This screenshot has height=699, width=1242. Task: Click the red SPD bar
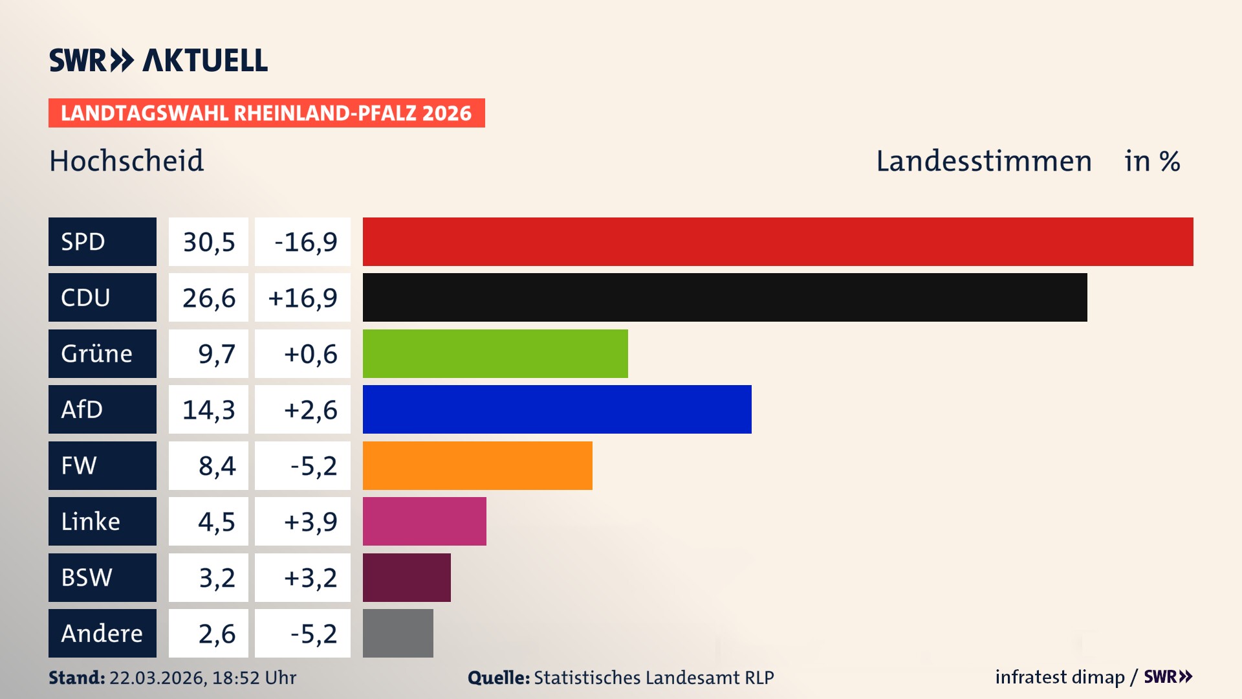[778, 241]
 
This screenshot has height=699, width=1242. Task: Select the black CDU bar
[724, 298]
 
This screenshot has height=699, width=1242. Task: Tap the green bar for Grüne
[495, 353]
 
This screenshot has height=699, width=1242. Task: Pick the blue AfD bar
[557, 409]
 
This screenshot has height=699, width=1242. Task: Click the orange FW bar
[477, 465]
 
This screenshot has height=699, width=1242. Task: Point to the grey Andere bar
[398, 633]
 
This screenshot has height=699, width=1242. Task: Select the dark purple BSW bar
[406, 577]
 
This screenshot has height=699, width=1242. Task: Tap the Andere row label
[102, 633]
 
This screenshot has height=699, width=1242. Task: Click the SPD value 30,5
[208, 242]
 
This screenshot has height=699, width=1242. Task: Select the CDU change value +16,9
[303, 298]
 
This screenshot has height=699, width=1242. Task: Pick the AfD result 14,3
[208, 410]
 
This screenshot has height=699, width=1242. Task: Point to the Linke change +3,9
[310, 522]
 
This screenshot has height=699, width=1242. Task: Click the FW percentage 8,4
[217, 466]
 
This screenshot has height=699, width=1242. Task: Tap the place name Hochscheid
[127, 161]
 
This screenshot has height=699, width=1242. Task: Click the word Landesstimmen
[983, 161]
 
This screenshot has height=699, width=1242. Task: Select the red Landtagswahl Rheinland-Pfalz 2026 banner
[267, 113]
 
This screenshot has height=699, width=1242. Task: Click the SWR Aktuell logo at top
[158, 60]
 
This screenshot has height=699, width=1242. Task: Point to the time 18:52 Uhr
[254, 678]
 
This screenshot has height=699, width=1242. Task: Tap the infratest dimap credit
[1060, 677]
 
